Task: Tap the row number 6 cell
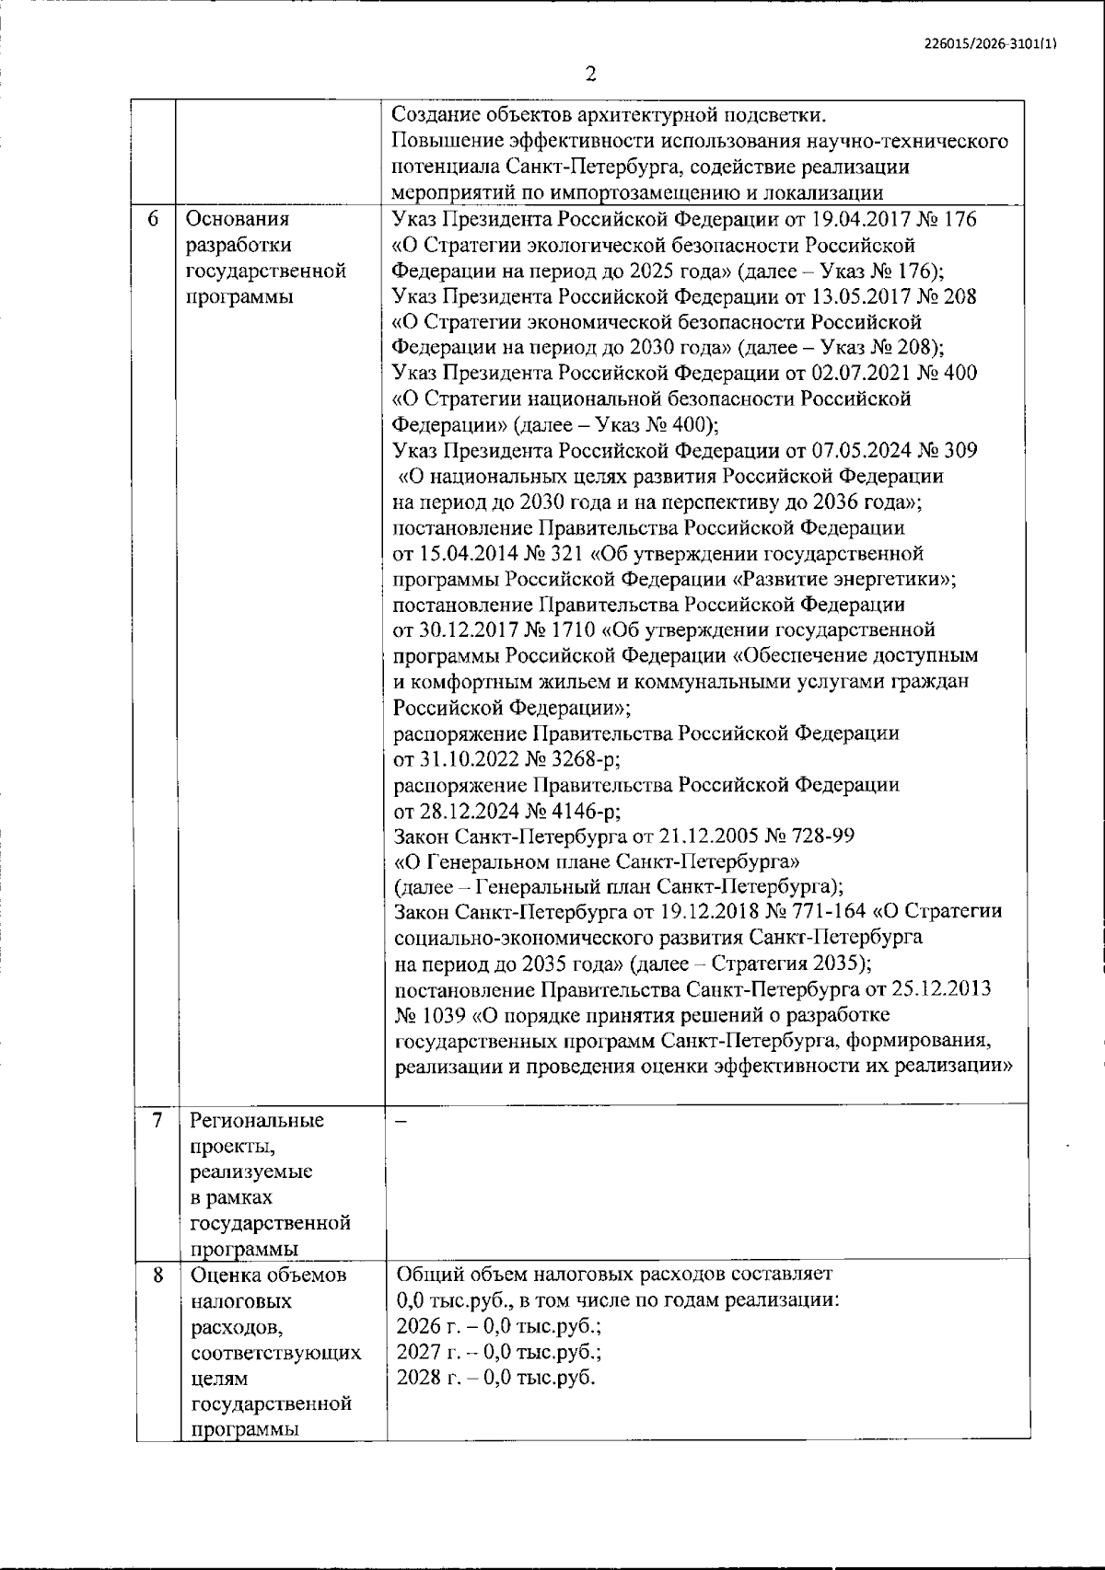point(156,219)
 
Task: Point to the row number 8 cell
point(157,1276)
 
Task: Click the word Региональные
point(257,1121)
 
